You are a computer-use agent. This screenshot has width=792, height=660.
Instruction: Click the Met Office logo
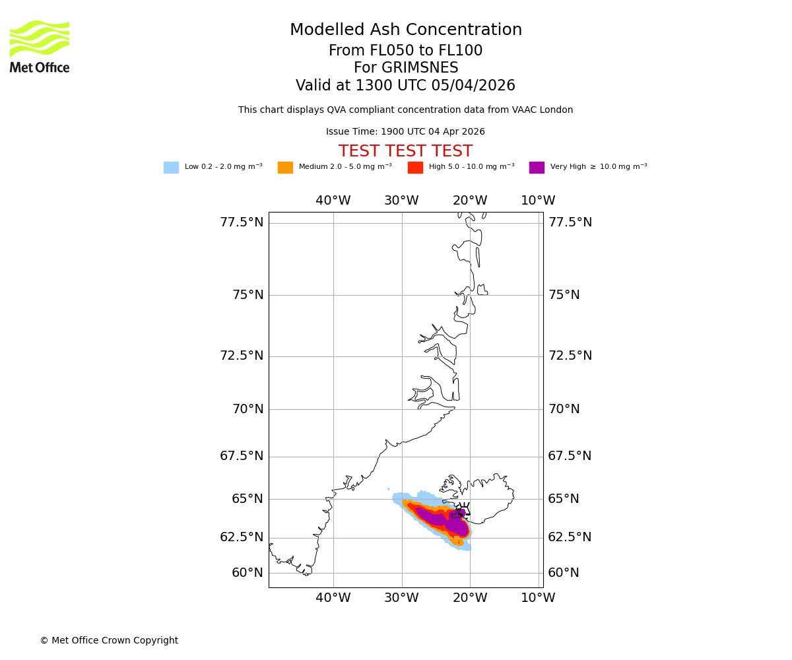[x=40, y=46]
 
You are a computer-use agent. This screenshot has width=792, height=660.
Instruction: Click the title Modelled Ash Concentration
[x=405, y=30]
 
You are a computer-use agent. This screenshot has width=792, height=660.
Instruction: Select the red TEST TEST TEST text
[x=405, y=152]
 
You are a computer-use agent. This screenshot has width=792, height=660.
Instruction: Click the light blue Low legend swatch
[x=171, y=168]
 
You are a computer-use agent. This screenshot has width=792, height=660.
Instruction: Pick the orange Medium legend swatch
[x=285, y=168]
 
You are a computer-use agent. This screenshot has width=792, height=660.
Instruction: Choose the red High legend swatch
[x=415, y=168]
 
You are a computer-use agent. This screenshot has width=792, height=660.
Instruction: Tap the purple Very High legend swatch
[x=537, y=168]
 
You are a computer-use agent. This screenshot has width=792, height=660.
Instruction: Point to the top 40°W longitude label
[x=333, y=201]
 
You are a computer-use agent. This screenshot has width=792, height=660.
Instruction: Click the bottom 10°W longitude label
[x=538, y=598]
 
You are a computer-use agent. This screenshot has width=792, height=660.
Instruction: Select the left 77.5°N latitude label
[x=242, y=222]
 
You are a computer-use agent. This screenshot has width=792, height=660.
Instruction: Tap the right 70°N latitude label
[x=564, y=409]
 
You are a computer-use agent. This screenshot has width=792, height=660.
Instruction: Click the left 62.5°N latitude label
[x=242, y=537]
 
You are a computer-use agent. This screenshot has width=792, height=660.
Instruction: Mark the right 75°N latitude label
[x=564, y=295]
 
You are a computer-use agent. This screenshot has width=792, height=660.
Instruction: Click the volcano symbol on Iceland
[x=463, y=510]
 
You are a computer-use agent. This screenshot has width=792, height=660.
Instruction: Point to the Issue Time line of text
[x=405, y=132]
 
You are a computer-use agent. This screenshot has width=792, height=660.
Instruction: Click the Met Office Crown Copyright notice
[x=109, y=641]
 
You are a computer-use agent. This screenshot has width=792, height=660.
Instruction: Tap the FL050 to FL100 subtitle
[x=405, y=51]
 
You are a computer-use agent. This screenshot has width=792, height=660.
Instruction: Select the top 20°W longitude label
[x=470, y=201]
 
